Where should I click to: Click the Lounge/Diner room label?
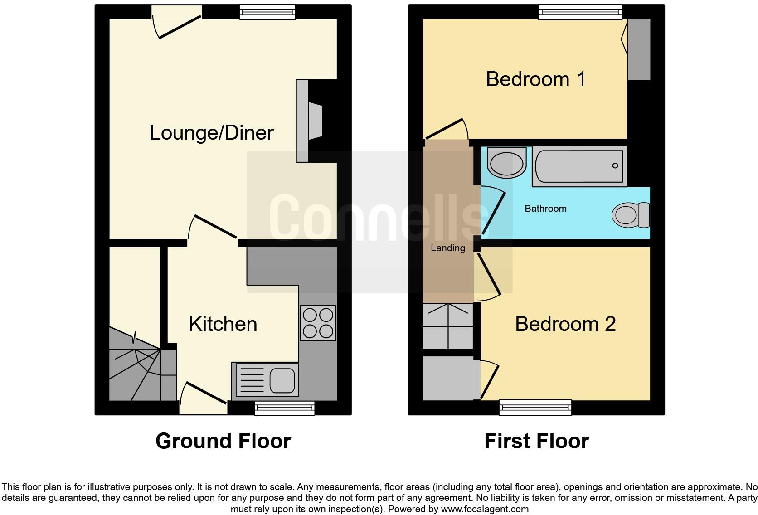(x=211, y=133)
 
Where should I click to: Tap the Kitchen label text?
(x=223, y=324)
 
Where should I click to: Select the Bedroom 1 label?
(x=536, y=79)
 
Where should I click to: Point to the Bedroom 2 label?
(x=565, y=324)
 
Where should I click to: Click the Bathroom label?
(x=545, y=209)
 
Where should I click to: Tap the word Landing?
(x=447, y=248)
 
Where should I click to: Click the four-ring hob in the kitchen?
(x=318, y=323)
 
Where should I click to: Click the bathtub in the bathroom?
(x=579, y=166)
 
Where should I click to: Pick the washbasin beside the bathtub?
(x=506, y=163)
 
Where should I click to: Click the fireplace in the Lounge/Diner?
(x=311, y=121)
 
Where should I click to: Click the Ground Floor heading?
(x=223, y=441)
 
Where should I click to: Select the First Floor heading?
(x=536, y=441)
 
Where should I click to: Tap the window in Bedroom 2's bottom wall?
(x=535, y=407)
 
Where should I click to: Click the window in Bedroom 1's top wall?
(x=580, y=12)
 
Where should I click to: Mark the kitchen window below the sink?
(x=284, y=408)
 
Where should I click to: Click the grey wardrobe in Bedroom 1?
(x=639, y=50)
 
